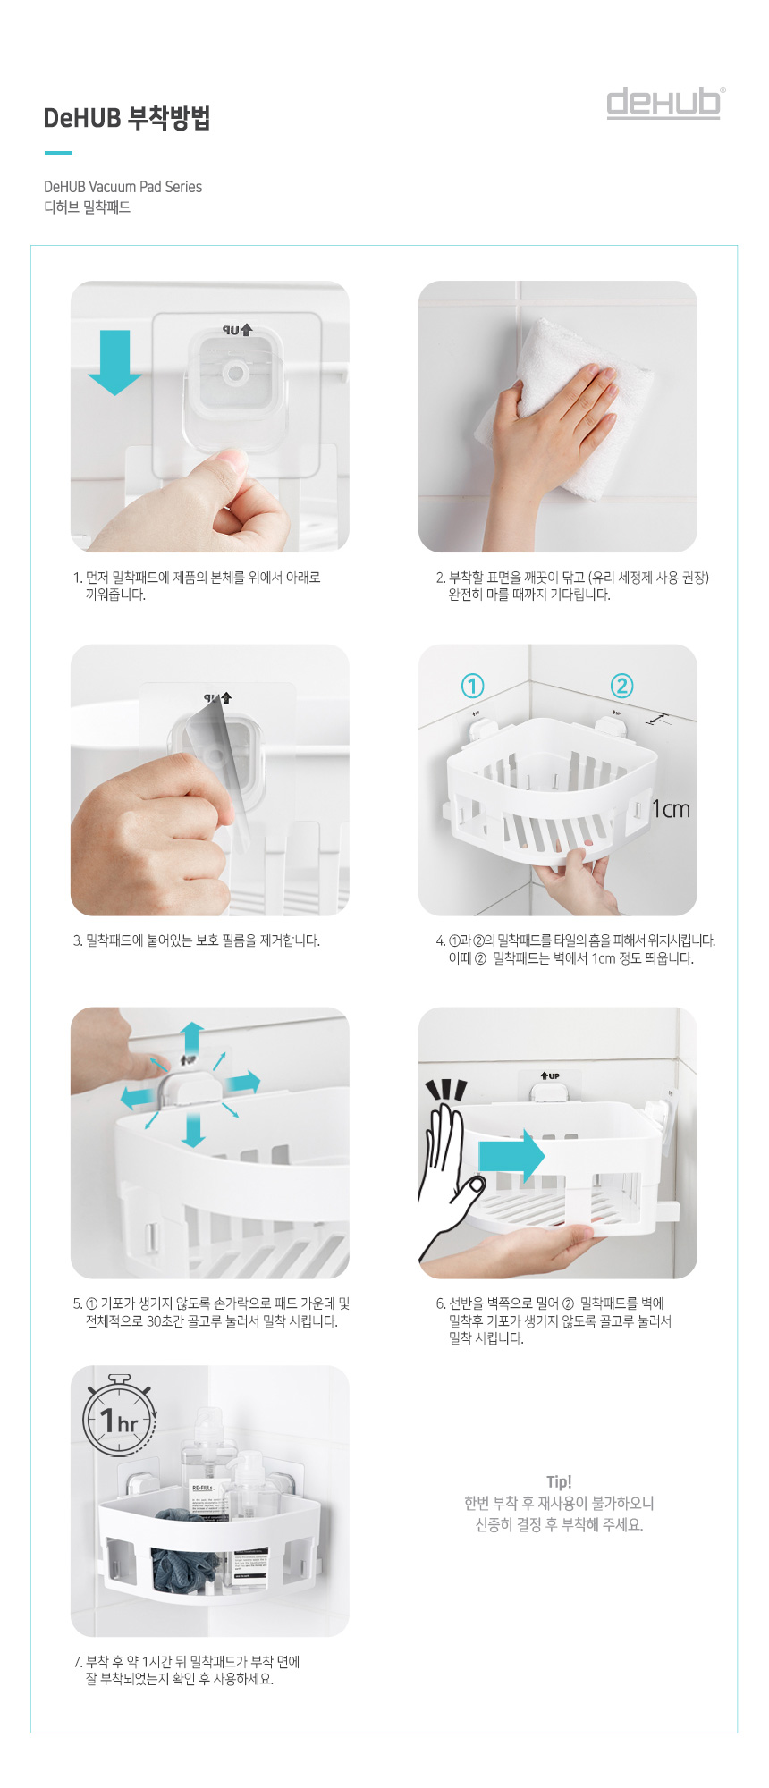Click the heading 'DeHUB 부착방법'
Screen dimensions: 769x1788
(x=127, y=118)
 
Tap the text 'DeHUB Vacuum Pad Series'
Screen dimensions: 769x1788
(x=123, y=187)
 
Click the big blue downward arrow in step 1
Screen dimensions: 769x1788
(x=114, y=361)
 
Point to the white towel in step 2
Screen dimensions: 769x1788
(x=563, y=384)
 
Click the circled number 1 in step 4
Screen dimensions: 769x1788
(x=472, y=686)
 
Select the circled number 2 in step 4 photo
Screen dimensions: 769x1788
(x=621, y=686)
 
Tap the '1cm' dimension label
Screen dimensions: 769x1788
(x=671, y=809)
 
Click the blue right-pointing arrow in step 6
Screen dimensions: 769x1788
(x=511, y=1155)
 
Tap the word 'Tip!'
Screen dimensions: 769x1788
(x=559, y=1481)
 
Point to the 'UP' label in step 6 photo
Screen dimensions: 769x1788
(x=550, y=1075)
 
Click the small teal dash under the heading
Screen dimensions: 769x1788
(x=58, y=153)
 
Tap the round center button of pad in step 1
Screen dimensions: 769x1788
(x=236, y=373)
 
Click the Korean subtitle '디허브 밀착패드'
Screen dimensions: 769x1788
(x=87, y=207)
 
